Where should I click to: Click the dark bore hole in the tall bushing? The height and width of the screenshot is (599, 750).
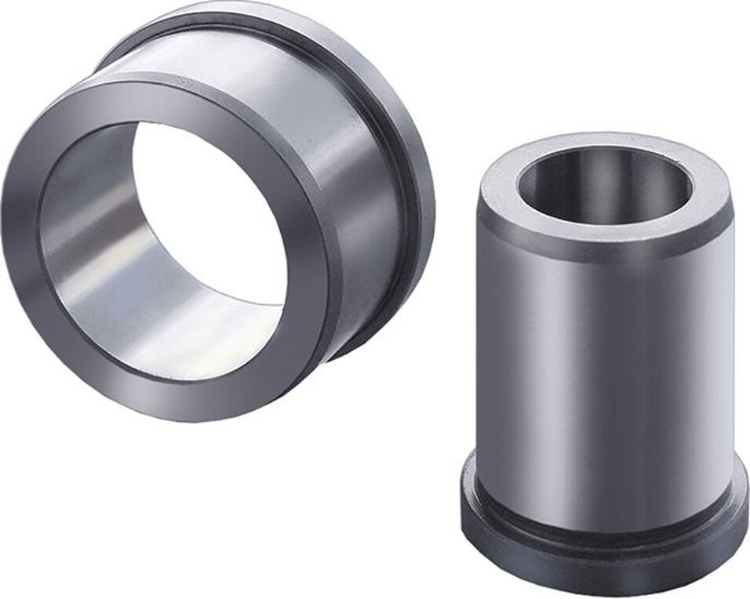point(604,184)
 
